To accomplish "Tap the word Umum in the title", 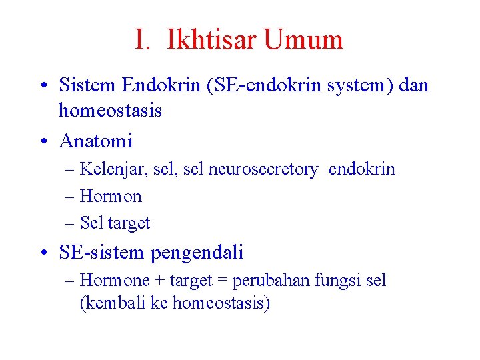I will (303, 40).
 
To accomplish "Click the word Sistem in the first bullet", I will (87, 85).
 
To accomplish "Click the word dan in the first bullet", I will (414, 85).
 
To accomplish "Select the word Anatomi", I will (96, 141).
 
